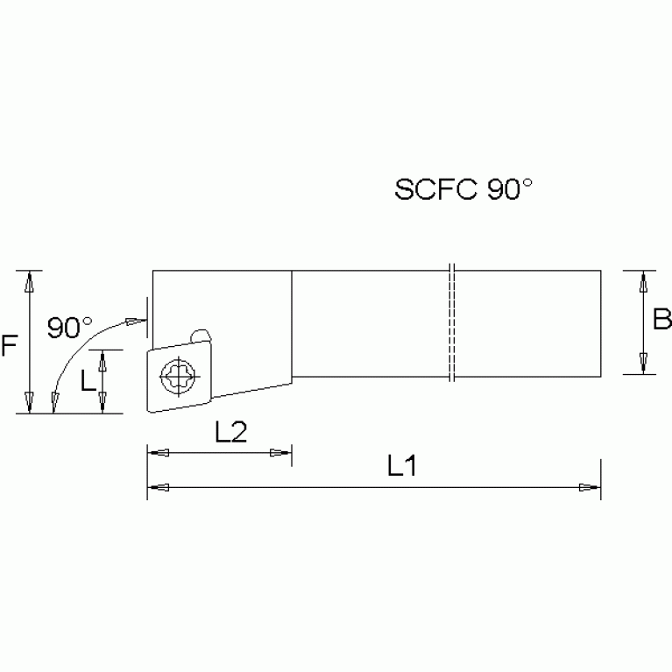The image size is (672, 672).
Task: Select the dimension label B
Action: (x=661, y=322)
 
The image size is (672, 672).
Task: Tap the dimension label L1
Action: (x=401, y=468)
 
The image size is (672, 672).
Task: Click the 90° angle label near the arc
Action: (x=70, y=328)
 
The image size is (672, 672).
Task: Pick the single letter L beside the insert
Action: (x=87, y=380)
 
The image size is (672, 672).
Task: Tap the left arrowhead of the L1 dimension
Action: (x=158, y=486)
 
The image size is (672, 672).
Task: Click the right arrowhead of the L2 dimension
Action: (x=281, y=453)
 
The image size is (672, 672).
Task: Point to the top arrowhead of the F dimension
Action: (x=30, y=282)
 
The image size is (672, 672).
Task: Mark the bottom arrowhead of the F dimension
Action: (x=30, y=401)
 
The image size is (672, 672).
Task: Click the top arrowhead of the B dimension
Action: (x=644, y=282)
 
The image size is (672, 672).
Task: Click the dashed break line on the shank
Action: (x=451, y=322)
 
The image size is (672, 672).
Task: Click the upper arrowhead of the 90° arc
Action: (x=135, y=322)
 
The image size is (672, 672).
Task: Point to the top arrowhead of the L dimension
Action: (x=103, y=360)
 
